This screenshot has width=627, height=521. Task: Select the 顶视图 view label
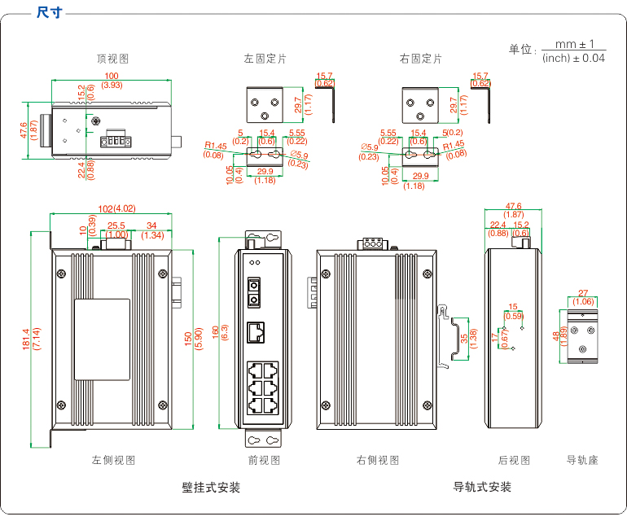pos(112,59)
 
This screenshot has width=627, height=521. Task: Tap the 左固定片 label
pos(265,59)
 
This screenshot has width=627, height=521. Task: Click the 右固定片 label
pos(421,59)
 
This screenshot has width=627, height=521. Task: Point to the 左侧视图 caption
pos(113,460)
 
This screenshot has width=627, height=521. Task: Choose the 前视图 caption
pos(264,460)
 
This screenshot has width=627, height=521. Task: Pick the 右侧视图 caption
pos(378,460)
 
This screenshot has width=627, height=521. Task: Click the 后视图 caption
pos(514,460)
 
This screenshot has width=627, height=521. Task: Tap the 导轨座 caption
pos(582,460)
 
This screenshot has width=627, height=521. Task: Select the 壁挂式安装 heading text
pos(211,488)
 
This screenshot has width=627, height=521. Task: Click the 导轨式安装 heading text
pos(482,488)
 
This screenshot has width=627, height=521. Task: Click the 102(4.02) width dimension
pos(111,208)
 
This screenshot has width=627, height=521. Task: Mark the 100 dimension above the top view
pos(112,77)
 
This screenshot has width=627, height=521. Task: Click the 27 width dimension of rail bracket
pos(583,293)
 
